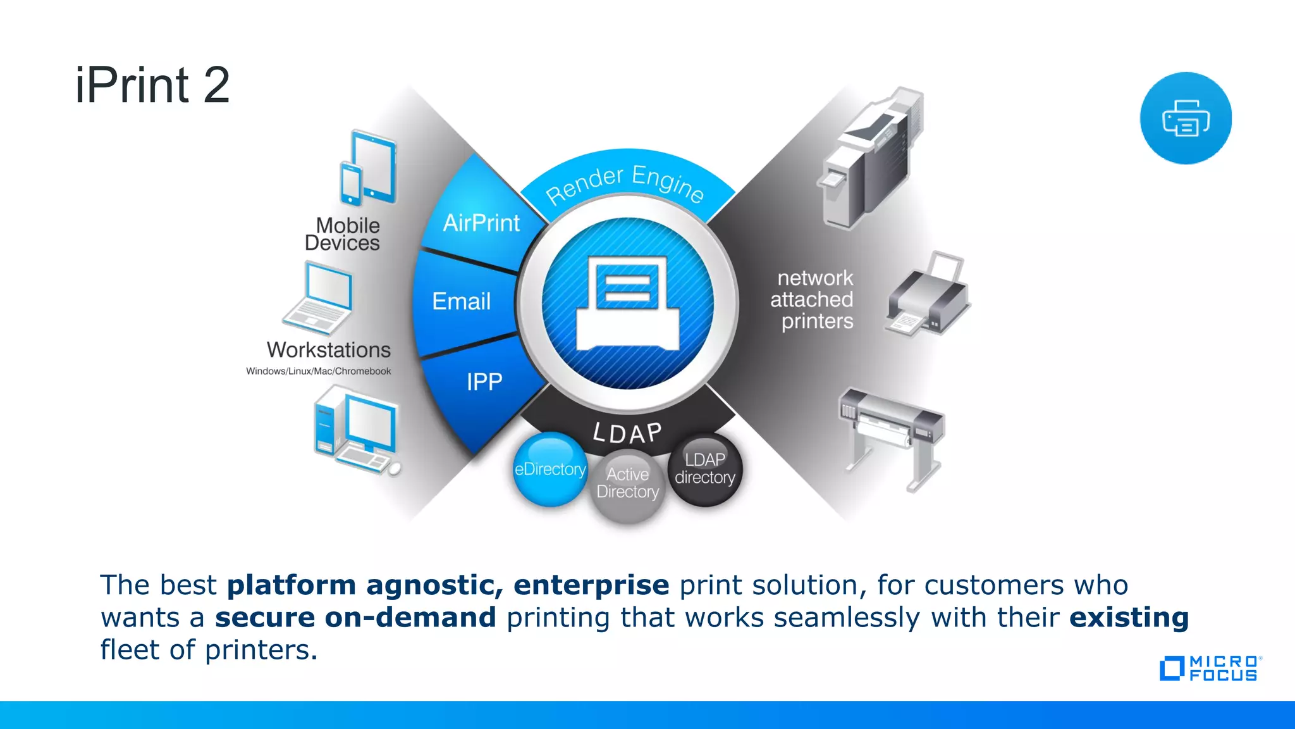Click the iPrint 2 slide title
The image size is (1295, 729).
pyautogui.click(x=152, y=85)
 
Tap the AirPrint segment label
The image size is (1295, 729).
pyautogui.click(x=481, y=223)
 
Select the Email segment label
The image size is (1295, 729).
pyautogui.click(x=461, y=301)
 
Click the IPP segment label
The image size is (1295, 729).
pyautogui.click(x=484, y=382)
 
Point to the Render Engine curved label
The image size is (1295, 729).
pyautogui.click(x=625, y=183)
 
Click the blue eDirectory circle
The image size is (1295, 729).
pyautogui.click(x=549, y=469)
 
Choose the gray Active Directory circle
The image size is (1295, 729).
pyautogui.click(x=627, y=486)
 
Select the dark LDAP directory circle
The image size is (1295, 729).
pyautogui.click(x=705, y=469)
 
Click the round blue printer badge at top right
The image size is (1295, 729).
pyautogui.click(x=1186, y=118)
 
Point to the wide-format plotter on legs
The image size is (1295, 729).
pyautogui.click(x=891, y=436)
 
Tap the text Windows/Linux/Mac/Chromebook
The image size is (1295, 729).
pyautogui.click(x=318, y=371)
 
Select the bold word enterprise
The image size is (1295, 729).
pyautogui.click(x=591, y=585)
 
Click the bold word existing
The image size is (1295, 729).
pyautogui.click(x=1129, y=617)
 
